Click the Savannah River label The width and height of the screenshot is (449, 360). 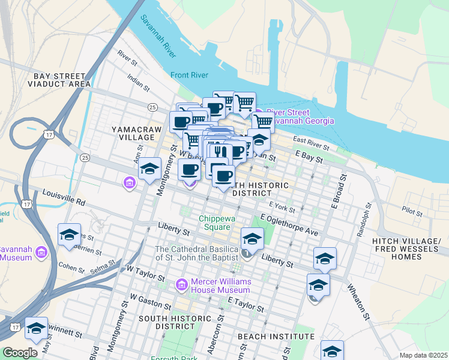(159, 36)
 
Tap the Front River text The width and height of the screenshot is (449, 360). (189, 75)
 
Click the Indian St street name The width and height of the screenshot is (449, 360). (138, 82)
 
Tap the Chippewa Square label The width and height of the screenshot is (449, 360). (215, 223)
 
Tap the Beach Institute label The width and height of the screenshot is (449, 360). (276, 337)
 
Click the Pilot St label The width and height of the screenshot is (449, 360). (412, 212)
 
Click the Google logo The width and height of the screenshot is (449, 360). (20, 353)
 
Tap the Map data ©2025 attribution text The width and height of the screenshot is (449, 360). (423, 355)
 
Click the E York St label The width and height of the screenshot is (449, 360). (282, 208)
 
